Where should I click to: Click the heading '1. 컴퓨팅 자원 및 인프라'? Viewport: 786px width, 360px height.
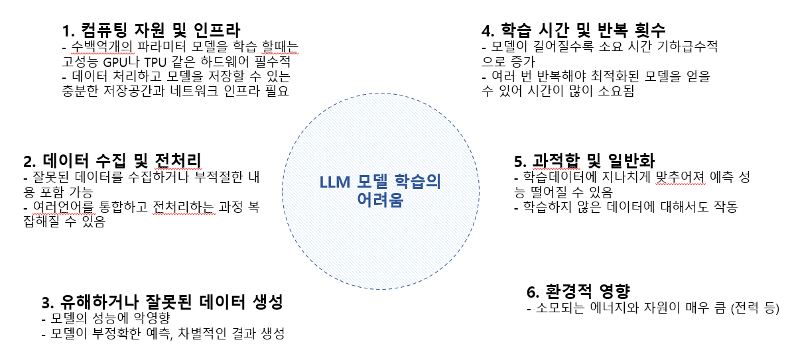click(151, 30)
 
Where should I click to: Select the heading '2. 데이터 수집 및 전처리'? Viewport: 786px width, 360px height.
click(112, 162)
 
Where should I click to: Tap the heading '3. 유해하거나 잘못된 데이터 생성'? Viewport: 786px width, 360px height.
click(162, 303)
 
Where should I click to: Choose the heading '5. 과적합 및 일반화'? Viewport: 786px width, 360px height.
click(584, 161)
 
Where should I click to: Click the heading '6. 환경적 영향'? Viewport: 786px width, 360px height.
click(577, 292)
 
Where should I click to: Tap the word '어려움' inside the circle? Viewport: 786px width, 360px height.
click(379, 200)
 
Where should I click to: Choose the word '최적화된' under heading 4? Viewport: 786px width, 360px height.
click(620, 77)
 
